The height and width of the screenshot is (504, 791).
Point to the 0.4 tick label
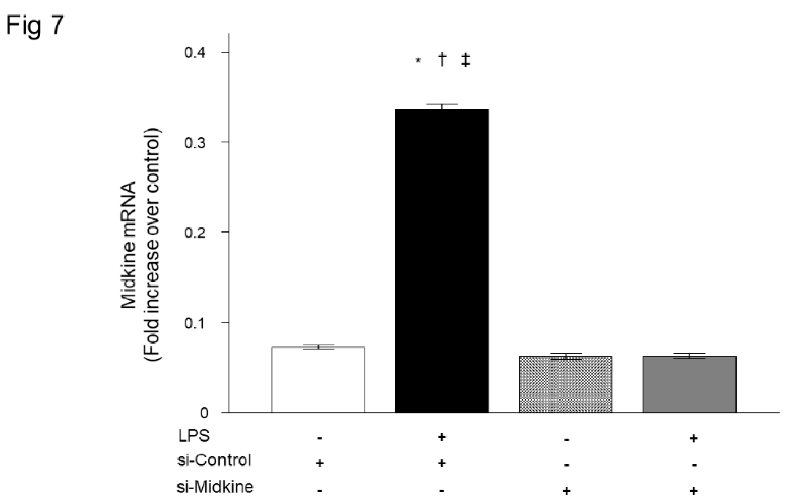(x=195, y=52)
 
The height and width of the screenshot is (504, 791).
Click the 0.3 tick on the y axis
(x=195, y=142)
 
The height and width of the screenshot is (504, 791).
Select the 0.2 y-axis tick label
(x=195, y=233)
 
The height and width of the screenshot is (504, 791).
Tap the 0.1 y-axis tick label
(x=195, y=323)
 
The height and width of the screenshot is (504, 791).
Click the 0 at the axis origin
(x=204, y=413)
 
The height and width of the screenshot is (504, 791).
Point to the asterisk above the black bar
(x=418, y=61)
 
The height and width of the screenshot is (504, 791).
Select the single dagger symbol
(x=442, y=59)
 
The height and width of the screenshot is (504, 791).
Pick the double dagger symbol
(x=466, y=60)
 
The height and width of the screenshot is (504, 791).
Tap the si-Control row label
(x=214, y=460)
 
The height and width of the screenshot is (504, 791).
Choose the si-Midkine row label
(x=215, y=487)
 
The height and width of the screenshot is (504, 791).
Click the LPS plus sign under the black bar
(x=442, y=437)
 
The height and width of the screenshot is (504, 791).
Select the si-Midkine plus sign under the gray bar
(x=694, y=490)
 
